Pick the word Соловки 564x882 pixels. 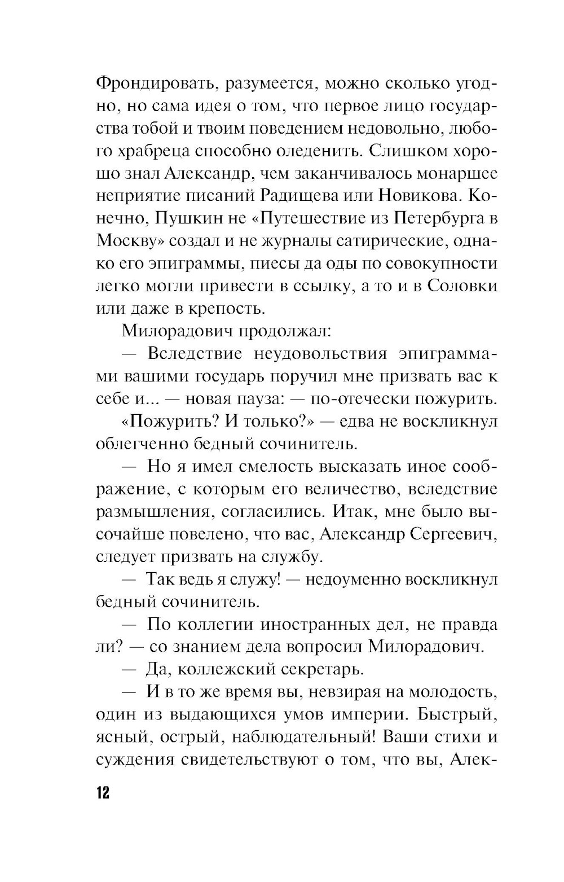point(462,286)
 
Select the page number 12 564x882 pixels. point(103,792)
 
